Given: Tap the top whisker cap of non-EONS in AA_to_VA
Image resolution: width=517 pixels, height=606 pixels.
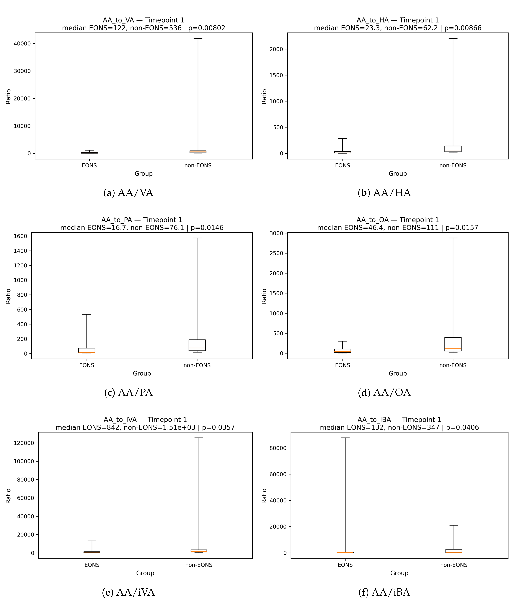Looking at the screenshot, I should click(198, 38).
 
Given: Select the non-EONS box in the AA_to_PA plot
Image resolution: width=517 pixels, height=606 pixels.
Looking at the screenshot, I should click(197, 345).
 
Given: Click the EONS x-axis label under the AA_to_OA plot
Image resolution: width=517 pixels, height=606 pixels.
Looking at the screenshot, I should click(343, 365).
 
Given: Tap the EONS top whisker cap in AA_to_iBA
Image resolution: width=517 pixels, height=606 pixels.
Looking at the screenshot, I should click(345, 438).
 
